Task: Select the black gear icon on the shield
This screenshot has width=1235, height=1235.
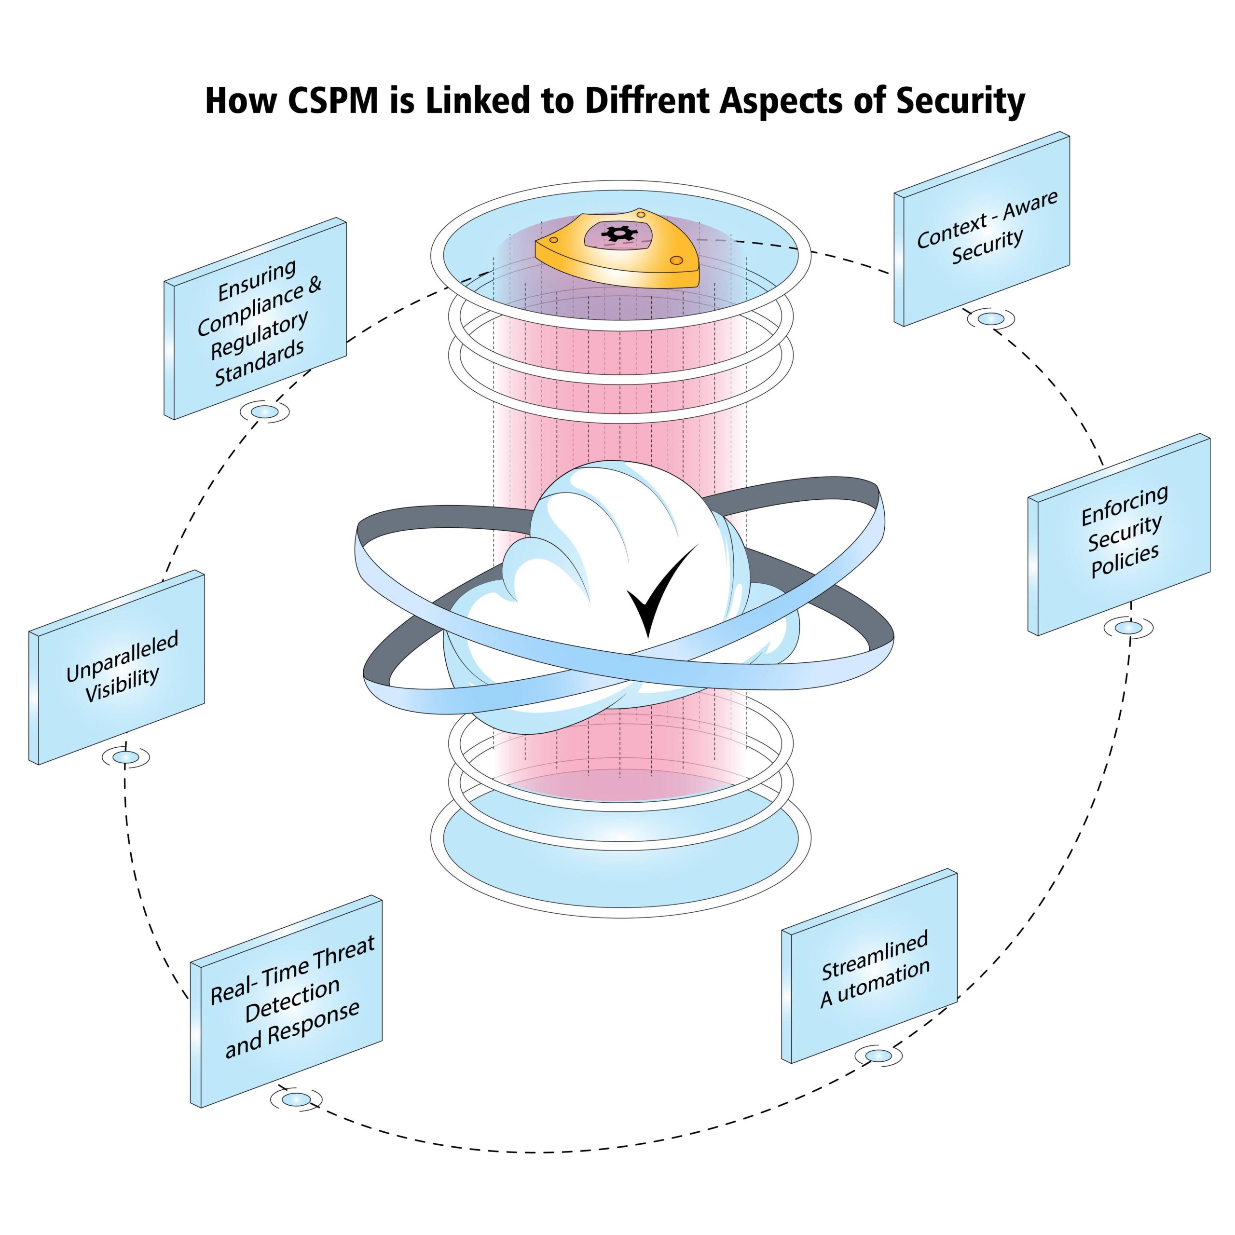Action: pos(617,234)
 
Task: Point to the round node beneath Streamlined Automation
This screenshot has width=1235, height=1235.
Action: pos(878,1056)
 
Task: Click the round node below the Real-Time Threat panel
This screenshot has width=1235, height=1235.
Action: pos(295,1099)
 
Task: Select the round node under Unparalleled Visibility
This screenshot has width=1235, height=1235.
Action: pos(125,757)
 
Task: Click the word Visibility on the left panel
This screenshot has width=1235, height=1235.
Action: pos(122,684)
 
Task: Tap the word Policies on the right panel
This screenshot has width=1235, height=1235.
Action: pos(1125,561)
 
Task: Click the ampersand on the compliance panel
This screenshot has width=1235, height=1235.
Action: pos(315,285)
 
